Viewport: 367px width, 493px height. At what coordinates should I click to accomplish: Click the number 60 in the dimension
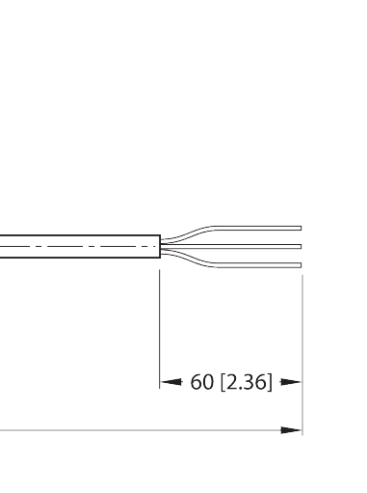pos(202,383)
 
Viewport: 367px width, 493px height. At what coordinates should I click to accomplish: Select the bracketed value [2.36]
pos(247,383)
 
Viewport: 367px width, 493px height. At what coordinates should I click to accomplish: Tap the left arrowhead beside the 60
pos(171,383)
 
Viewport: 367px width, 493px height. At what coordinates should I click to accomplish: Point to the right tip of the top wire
pos(301,229)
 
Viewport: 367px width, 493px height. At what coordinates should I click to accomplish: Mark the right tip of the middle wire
pos(301,247)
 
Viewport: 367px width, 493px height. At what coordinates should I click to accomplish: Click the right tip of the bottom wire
pos(301,265)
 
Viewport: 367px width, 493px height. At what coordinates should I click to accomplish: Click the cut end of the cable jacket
pos(159,247)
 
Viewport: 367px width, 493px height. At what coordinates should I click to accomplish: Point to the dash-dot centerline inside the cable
pos(77,247)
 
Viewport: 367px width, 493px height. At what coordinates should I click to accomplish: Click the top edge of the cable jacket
pos(77,234)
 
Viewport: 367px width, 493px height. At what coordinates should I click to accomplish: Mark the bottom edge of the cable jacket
pos(77,260)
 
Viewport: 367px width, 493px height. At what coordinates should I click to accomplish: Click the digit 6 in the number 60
pos(197,383)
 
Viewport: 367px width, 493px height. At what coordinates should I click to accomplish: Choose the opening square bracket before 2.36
pos(223,383)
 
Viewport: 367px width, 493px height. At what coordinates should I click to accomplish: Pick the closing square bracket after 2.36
pos(271,383)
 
